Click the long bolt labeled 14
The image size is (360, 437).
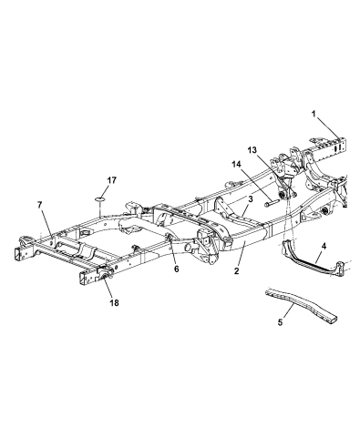274,204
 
